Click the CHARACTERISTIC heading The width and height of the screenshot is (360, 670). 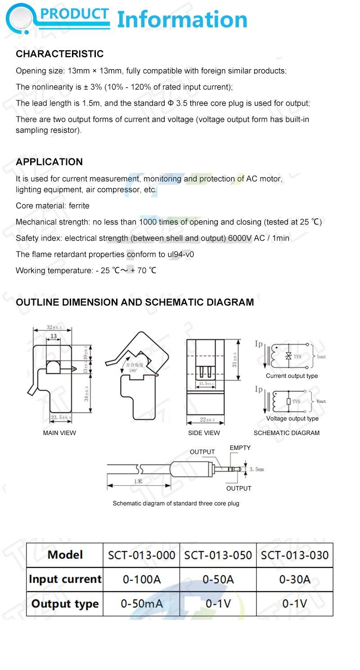coord(60,54)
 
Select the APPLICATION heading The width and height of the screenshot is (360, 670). coord(49,162)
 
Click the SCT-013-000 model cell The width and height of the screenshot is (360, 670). coord(141,555)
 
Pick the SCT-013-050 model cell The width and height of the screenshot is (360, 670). coord(218,555)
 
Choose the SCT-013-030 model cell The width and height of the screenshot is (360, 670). coord(295,555)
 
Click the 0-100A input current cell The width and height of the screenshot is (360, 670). coord(141,579)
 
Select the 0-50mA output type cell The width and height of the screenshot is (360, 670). coord(141,603)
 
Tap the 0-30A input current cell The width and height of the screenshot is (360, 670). coord(295,579)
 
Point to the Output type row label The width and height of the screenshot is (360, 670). coord(65,603)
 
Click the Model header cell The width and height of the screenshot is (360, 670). coord(65,555)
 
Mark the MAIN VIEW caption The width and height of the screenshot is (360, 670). coord(59,433)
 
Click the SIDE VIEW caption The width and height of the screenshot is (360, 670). coord(204,433)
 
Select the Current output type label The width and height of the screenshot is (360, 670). coord(292,376)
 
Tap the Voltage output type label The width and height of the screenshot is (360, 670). coord(292,418)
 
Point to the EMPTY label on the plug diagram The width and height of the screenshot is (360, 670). coord(240,448)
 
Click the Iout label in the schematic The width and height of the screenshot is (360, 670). coord(321,357)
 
